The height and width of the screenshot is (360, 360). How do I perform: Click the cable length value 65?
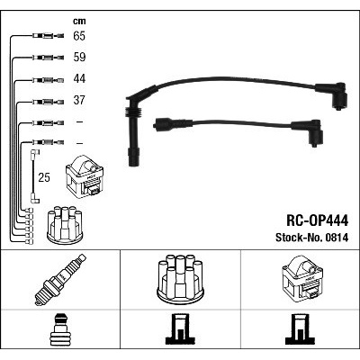tap(79, 36)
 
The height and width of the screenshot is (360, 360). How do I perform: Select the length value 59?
tap(79, 58)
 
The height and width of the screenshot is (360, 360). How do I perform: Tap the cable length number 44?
tap(79, 78)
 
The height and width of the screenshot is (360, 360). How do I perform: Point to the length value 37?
tap(79, 100)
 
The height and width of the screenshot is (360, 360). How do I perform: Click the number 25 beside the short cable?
tap(44, 177)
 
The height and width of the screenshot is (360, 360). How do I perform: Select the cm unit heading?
tap(79, 21)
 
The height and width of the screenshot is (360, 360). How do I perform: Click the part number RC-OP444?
tap(318, 221)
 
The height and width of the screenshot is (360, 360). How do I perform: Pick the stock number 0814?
tap(336, 238)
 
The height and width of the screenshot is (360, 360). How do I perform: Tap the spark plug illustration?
tap(60, 280)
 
